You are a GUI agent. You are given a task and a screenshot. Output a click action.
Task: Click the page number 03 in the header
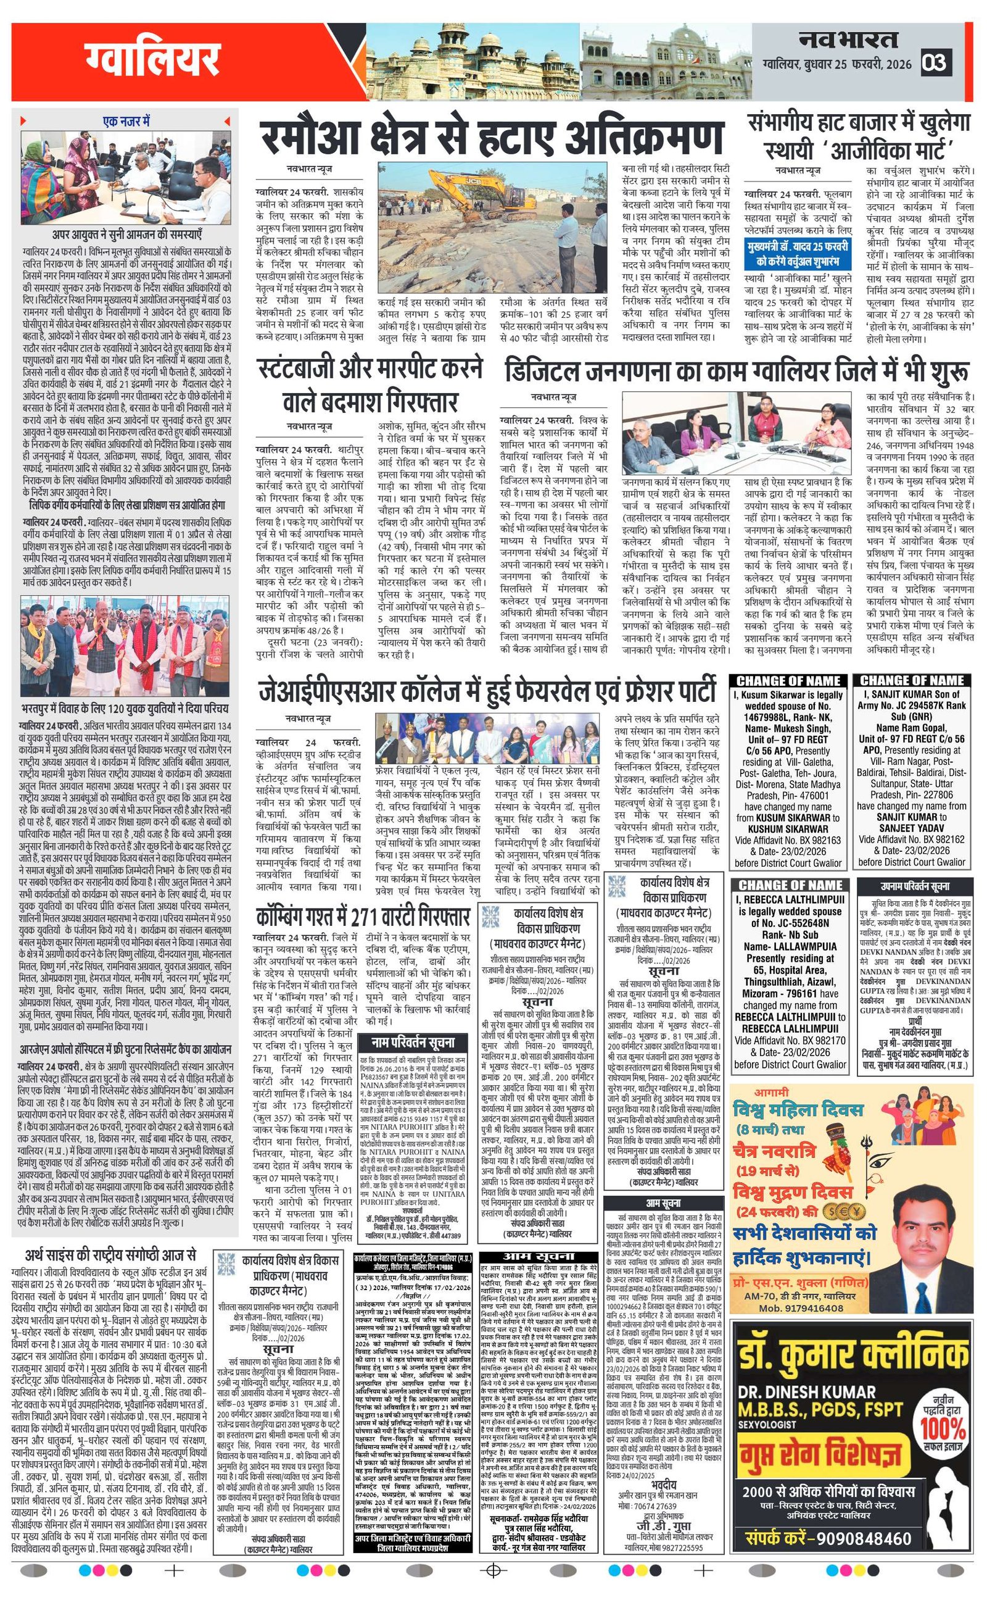point(934,62)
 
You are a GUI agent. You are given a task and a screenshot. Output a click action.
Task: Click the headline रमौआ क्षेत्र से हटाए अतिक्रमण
point(491,138)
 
